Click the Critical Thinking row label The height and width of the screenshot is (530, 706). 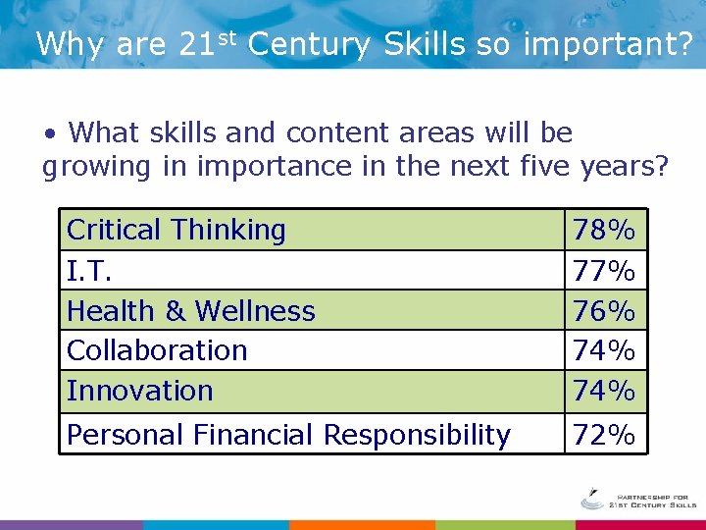pos(176,231)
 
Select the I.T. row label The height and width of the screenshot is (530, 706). pos(87,270)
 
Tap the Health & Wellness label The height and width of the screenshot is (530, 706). pos(191,311)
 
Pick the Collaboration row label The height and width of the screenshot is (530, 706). pos(157,350)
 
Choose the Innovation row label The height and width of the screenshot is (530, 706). pos(140,391)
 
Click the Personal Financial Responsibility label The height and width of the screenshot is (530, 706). pos(288,435)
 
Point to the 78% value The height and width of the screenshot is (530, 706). pos(604,232)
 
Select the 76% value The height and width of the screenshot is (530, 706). pos(604,312)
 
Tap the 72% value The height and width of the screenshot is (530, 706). pos(604,435)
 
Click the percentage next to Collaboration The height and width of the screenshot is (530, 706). pos(604,350)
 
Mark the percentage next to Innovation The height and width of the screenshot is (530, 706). pos(604,391)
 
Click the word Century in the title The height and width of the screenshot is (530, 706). pos(309,44)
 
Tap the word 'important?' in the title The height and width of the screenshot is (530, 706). pos(607,45)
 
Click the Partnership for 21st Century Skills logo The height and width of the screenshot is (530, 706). pos(637,499)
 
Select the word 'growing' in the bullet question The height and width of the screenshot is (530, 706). pos(96,168)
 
